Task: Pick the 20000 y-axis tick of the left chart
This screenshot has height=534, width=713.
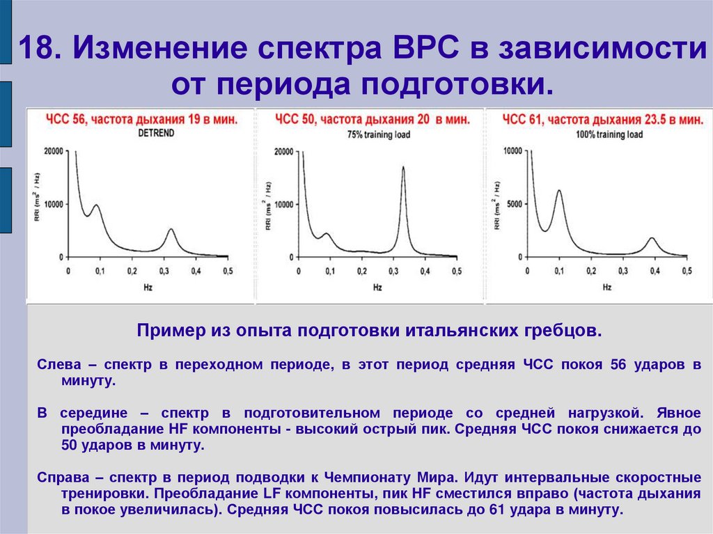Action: (53, 151)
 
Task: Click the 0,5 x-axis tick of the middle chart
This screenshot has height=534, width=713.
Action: (456, 271)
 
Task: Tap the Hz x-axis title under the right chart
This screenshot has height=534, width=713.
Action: (606, 287)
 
